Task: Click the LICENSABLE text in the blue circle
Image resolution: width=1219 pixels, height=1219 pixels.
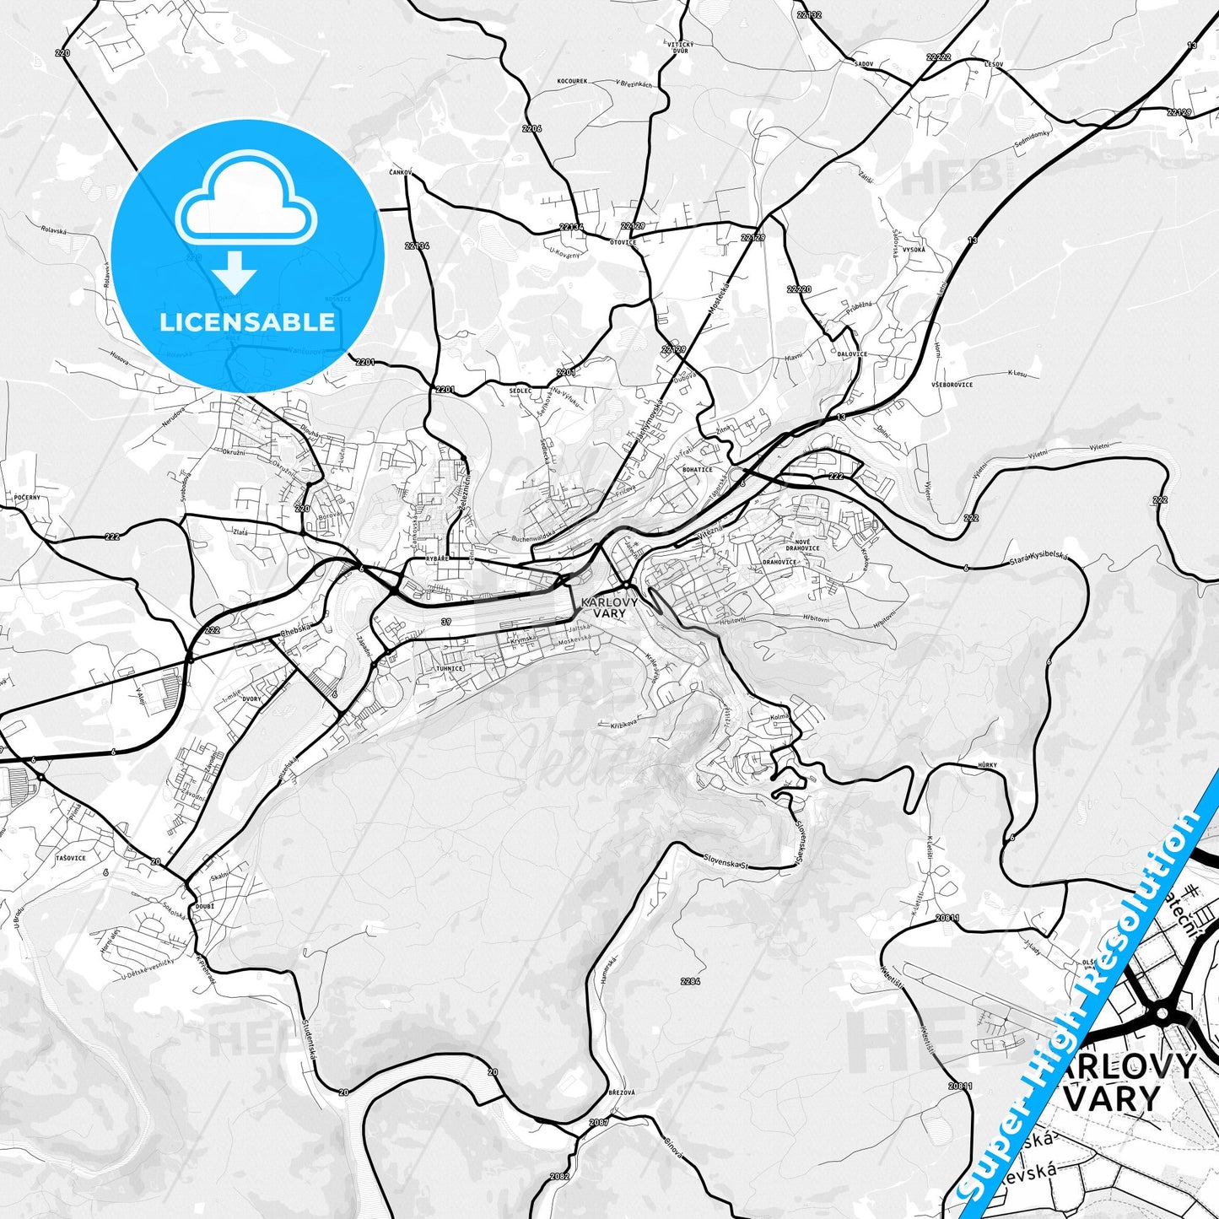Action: (x=247, y=321)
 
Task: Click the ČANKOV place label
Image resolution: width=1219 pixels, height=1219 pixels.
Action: (x=400, y=173)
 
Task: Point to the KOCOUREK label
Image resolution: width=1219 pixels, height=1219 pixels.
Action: (x=572, y=82)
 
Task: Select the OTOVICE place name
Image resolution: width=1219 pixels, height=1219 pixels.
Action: (x=623, y=242)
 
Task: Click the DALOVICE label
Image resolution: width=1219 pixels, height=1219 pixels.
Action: (x=851, y=354)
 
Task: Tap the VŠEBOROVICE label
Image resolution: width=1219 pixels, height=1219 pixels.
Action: (x=952, y=385)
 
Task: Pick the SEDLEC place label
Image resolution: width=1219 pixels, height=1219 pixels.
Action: (x=521, y=391)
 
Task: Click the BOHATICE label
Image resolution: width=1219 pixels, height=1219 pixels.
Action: (x=698, y=470)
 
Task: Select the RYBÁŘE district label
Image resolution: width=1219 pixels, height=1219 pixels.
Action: (x=436, y=558)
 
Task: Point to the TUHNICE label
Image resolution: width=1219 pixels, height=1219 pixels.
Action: (x=450, y=668)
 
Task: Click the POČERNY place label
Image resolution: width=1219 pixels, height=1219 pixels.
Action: (x=27, y=498)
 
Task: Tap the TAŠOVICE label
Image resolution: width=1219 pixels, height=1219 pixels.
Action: (x=70, y=858)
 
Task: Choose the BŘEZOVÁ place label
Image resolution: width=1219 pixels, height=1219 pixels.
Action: (x=621, y=1092)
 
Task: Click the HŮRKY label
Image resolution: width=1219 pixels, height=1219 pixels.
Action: (x=987, y=765)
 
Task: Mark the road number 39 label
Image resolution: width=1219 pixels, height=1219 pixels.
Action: (x=445, y=621)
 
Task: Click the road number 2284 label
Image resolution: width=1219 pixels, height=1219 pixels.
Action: (x=690, y=981)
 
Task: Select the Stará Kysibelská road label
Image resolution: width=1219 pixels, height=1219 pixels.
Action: (x=1038, y=560)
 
